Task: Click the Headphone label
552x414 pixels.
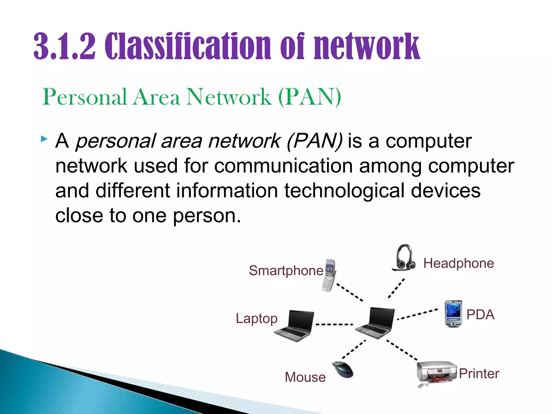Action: [458, 263]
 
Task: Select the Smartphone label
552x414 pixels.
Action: [286, 270]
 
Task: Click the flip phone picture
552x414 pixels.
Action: [329, 275]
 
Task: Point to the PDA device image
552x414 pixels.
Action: [453, 313]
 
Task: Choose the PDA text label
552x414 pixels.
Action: [480, 315]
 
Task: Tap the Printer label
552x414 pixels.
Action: [479, 374]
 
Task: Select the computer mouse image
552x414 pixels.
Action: [343, 370]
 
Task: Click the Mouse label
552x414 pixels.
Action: [305, 377]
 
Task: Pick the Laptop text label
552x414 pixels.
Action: [257, 318]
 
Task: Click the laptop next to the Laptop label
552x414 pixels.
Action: [295, 326]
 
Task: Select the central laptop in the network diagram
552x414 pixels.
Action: [375, 322]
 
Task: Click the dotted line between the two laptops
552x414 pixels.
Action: [334, 324]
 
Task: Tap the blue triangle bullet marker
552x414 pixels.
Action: [44, 139]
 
